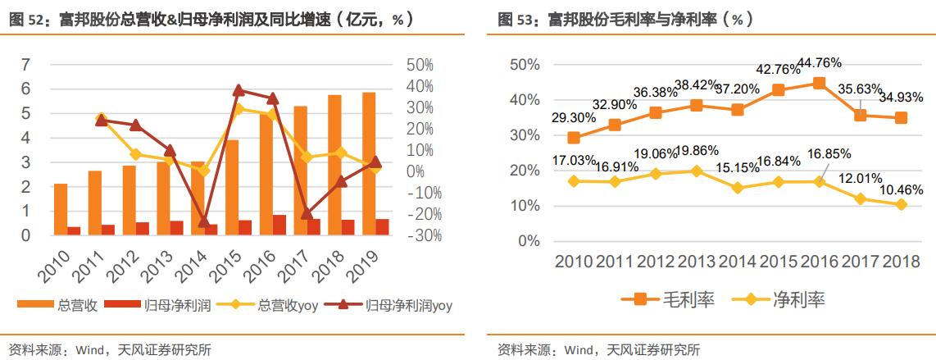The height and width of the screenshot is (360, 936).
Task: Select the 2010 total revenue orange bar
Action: tap(61, 209)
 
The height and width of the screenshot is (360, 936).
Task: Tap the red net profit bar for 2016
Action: tap(279, 225)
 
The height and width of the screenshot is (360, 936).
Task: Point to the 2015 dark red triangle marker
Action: tap(239, 90)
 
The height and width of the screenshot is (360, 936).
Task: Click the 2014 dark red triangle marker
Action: tap(204, 221)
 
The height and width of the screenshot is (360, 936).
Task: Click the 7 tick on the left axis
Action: tap(25, 65)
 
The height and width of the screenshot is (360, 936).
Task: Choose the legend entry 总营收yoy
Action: tap(286, 306)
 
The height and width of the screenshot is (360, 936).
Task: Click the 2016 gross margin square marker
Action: tap(819, 83)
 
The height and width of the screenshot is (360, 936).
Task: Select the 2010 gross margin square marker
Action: tap(574, 138)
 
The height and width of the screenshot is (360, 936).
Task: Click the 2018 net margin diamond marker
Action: tap(902, 204)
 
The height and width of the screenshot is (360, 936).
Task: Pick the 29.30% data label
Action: tap(574, 118)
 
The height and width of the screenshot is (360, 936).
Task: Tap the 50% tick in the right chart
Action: tap(525, 65)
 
